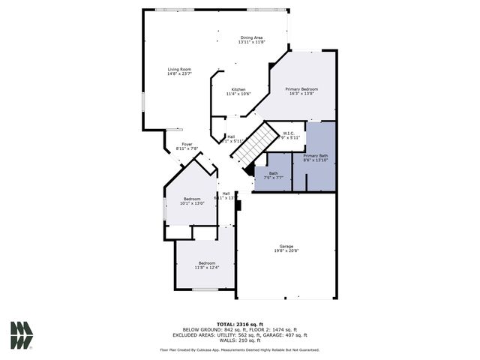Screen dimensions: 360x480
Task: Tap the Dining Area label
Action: click(x=251, y=37)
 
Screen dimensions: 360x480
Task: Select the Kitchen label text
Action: click(x=238, y=89)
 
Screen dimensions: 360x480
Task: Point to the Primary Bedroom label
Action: click(x=301, y=89)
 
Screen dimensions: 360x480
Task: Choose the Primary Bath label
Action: click(x=315, y=155)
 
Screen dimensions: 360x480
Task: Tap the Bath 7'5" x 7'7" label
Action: click(x=273, y=173)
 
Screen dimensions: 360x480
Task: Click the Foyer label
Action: click(x=187, y=144)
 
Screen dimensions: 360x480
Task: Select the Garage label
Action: click(x=286, y=246)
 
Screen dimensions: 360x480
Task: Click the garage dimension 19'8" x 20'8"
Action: click(x=286, y=251)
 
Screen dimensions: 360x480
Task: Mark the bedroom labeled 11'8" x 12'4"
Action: click(x=206, y=265)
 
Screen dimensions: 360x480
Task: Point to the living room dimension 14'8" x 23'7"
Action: click(x=179, y=74)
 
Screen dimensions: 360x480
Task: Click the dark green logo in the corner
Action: click(x=22, y=335)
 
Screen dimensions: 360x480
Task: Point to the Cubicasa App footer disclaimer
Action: click(x=240, y=349)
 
